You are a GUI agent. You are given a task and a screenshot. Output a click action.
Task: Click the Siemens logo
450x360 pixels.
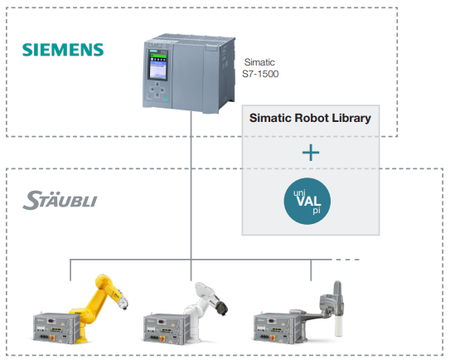(63, 50)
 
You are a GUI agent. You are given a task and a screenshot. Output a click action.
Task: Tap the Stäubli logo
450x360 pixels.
(60, 200)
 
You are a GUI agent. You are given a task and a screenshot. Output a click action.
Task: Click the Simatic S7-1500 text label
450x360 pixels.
(260, 68)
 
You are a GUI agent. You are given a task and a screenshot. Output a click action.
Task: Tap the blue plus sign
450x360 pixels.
(311, 153)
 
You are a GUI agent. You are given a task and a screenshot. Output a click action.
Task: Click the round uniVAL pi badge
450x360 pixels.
(307, 201)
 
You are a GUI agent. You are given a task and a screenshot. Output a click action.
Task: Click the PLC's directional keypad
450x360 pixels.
(157, 89)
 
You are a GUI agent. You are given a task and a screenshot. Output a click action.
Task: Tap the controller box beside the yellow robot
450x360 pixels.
(56, 328)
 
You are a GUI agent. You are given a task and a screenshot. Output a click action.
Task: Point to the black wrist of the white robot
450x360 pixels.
(222, 308)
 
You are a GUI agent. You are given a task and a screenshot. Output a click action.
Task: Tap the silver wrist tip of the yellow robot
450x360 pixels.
(123, 303)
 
